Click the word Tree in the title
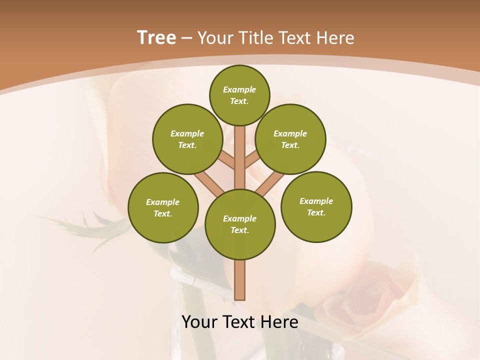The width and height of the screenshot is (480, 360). click(x=156, y=37)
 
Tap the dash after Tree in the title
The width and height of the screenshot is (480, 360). click(x=186, y=38)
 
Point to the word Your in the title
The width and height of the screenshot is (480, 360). click(x=216, y=38)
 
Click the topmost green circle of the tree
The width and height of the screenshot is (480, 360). click(x=239, y=95)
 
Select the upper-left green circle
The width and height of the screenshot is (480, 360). click(x=187, y=139)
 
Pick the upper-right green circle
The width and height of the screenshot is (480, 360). click(x=290, y=139)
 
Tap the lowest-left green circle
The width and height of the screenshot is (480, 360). click(x=163, y=207)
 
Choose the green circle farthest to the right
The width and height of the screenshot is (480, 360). click(x=316, y=206)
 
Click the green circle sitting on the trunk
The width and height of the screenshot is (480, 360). click(x=240, y=224)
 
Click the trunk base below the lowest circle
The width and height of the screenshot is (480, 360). click(x=240, y=280)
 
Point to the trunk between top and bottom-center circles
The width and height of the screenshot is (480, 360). click(x=240, y=157)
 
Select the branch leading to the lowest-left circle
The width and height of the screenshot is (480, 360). click(x=209, y=182)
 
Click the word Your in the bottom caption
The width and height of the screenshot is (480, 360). click(x=200, y=322)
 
